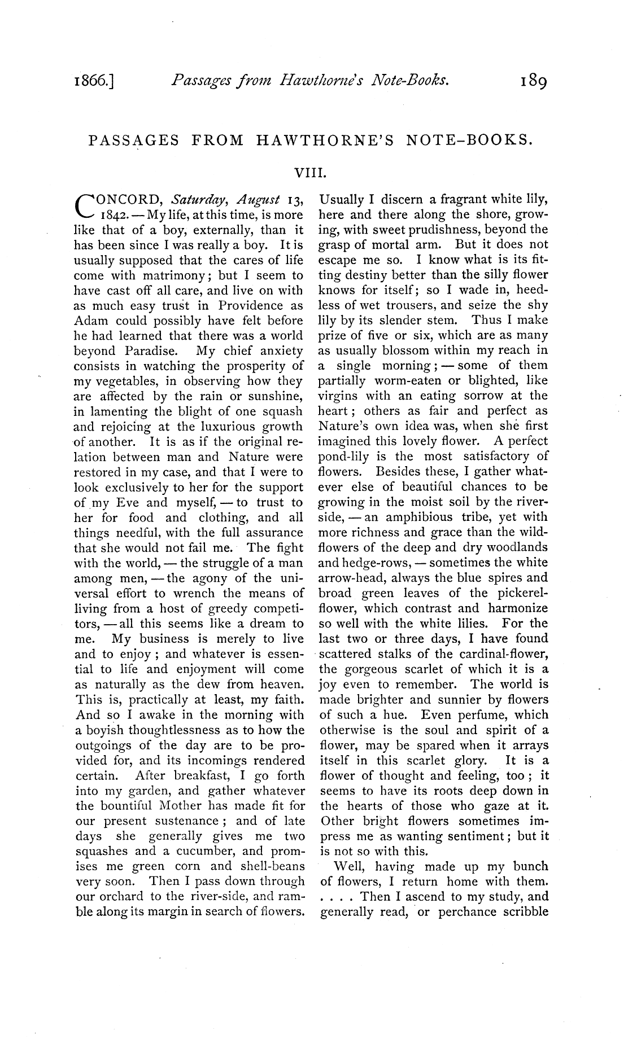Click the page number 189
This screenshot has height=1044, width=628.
pos(533,82)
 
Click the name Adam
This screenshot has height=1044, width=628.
pos(91,321)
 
